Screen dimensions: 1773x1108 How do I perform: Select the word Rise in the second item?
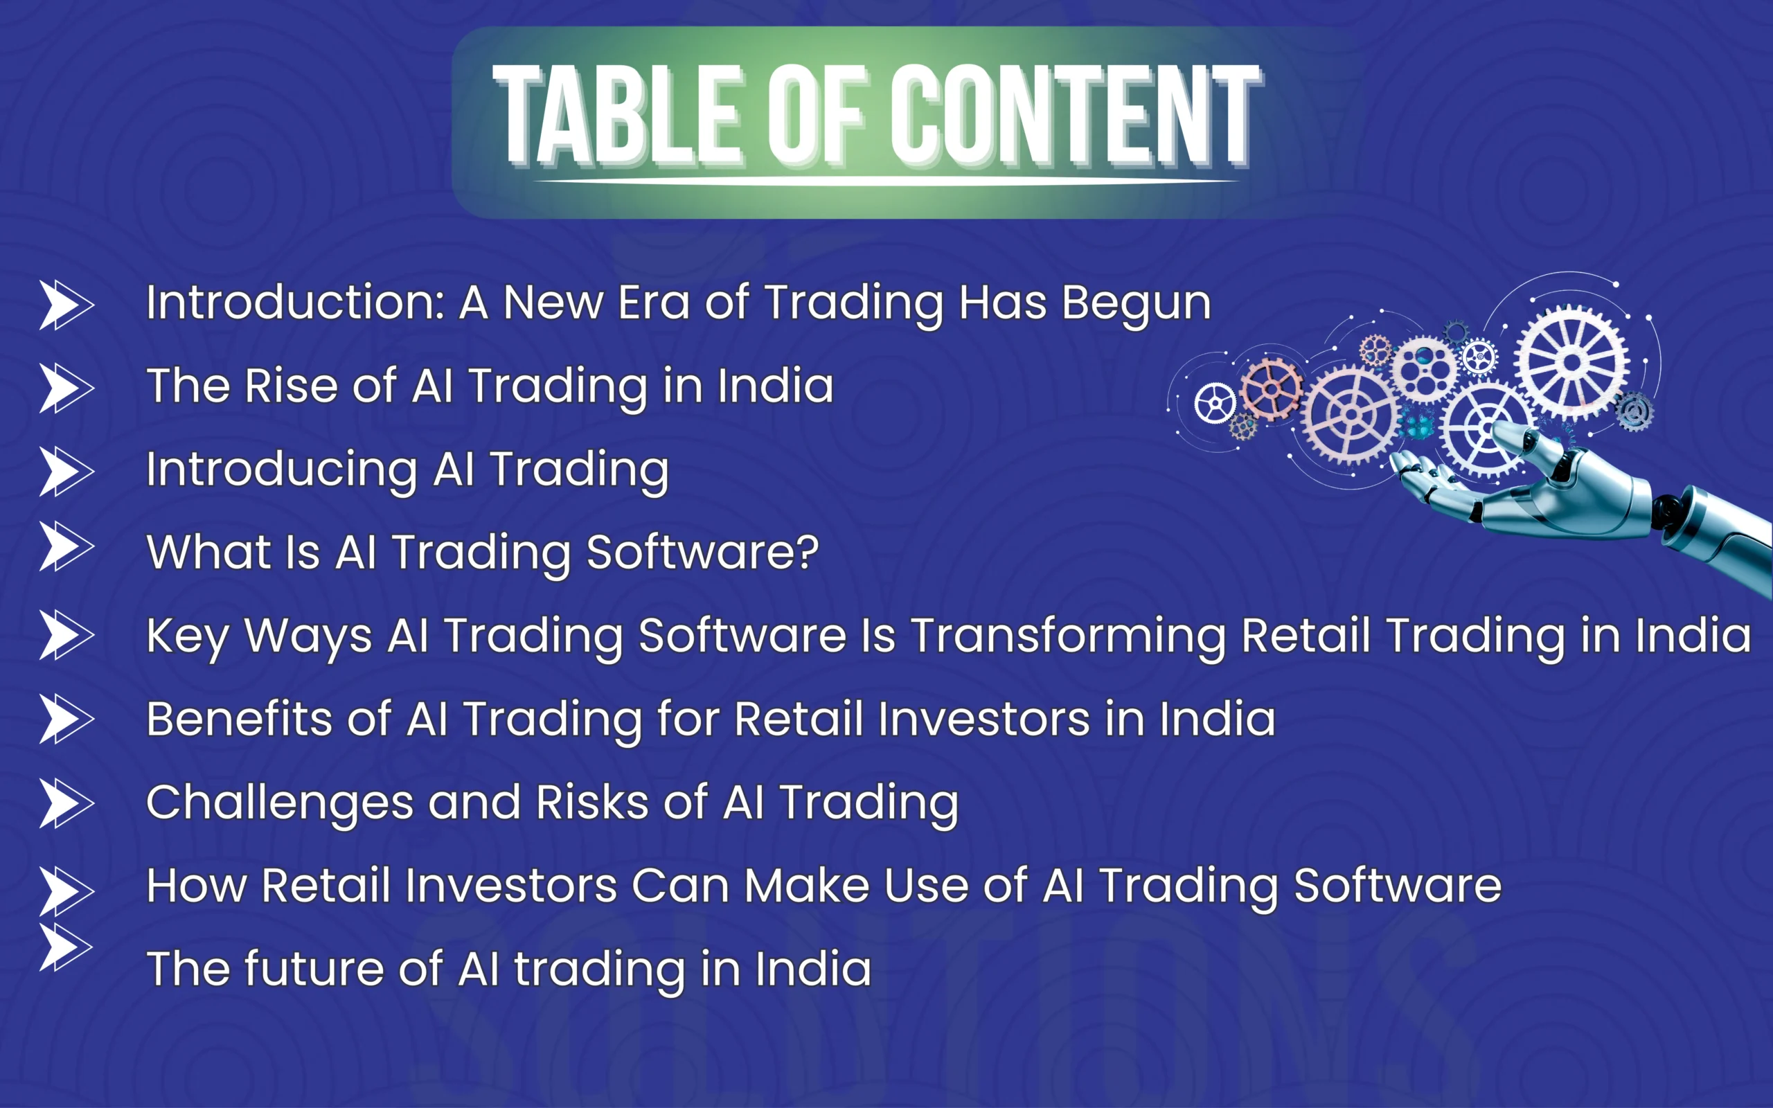click(x=290, y=386)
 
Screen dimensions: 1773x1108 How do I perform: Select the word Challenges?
click(x=280, y=804)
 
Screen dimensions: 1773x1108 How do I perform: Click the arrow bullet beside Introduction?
click(x=66, y=304)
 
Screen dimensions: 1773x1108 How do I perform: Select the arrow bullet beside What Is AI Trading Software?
click(x=66, y=546)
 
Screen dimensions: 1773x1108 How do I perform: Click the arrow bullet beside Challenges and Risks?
click(x=66, y=803)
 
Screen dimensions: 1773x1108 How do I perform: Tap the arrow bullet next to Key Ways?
click(x=66, y=634)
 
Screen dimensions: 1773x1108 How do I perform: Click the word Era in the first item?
click(x=654, y=303)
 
